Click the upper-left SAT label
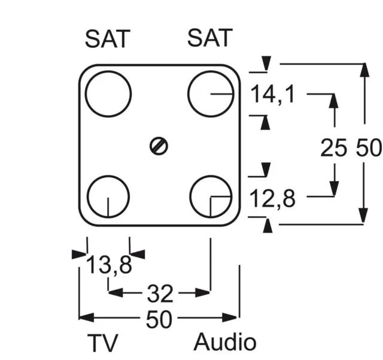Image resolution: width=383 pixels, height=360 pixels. coord(107,39)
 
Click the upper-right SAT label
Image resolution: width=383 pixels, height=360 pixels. coord(209,38)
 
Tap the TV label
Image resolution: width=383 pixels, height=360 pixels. coord(103,343)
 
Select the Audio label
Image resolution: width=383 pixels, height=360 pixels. coord(225,343)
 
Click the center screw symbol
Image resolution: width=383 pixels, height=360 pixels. coord(159,146)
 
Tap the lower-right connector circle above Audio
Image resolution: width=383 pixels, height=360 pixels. coord(211,196)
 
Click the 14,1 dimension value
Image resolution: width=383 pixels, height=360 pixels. coord(273,94)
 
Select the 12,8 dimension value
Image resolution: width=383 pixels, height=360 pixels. coord(273,198)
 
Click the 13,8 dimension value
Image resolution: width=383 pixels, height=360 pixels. coord(109,264)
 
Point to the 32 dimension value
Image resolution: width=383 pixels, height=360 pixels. coord(160,293)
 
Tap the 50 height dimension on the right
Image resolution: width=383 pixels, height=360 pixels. coord(368,147)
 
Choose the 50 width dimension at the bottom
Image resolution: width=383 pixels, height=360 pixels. coord(159,320)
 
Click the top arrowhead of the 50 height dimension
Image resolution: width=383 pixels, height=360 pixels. coord(363,69)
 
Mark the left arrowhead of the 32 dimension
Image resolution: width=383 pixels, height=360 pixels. coord(114,293)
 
